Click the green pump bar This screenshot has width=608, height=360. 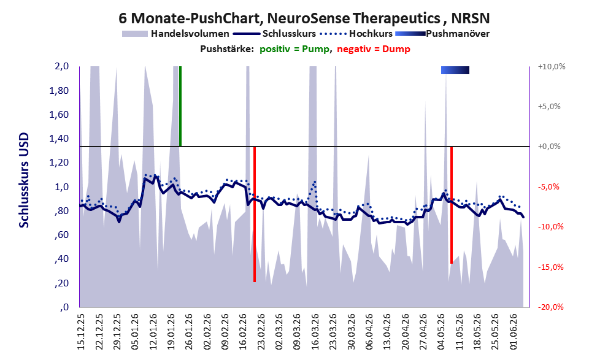pyautogui.click(x=180, y=106)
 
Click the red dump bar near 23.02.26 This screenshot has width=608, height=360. pyautogui.click(x=255, y=214)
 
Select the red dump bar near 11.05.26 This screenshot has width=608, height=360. pyautogui.click(x=452, y=205)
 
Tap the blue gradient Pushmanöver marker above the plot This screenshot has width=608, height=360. pyautogui.click(x=455, y=70)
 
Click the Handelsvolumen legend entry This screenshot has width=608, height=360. pyautogui.click(x=175, y=34)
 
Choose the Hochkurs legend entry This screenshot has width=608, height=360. pyautogui.click(x=356, y=34)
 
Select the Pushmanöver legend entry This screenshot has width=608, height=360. pyautogui.click(x=442, y=34)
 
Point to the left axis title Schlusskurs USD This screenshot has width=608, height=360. pyautogui.click(x=24, y=180)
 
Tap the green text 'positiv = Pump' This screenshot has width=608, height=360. pyautogui.click(x=294, y=49)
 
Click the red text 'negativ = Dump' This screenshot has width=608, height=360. pyautogui.click(x=374, y=49)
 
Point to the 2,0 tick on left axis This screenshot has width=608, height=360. pyautogui.click(x=61, y=66)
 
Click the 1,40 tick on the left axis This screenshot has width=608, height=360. pyautogui.click(x=59, y=139)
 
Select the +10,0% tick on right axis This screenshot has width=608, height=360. pyautogui.click(x=552, y=67)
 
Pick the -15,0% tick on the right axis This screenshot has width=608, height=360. pyautogui.click(x=550, y=267)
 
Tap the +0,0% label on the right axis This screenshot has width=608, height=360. pyautogui.click(x=549, y=147)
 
